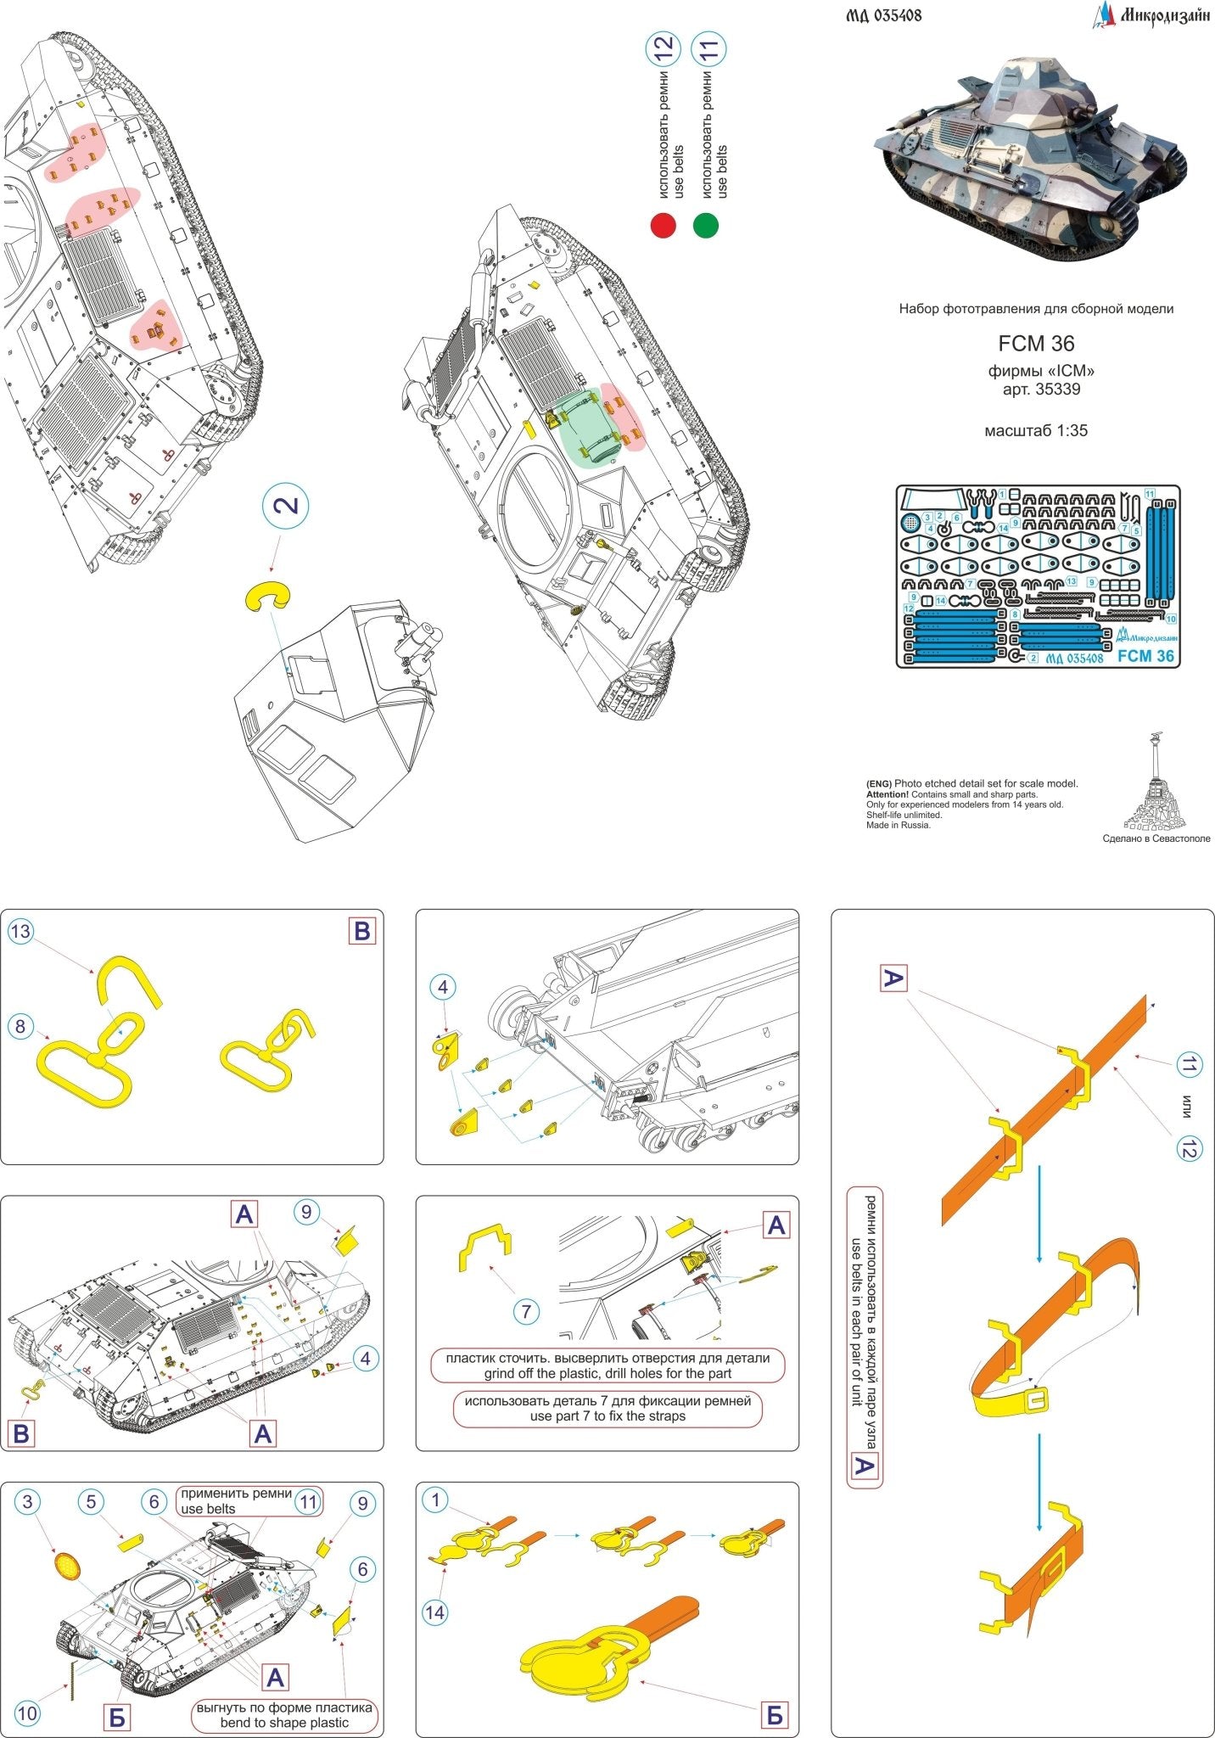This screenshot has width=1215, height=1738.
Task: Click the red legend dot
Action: point(663,226)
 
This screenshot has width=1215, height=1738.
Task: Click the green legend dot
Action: point(705,226)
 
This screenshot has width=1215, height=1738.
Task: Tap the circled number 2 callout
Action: point(285,506)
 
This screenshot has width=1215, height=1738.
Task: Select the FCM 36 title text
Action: point(1036,344)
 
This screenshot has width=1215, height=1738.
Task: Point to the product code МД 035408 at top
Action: point(883,15)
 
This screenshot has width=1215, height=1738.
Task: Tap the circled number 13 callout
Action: point(20,932)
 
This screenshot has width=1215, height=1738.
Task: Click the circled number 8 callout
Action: point(20,1026)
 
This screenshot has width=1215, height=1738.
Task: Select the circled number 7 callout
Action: point(526,1311)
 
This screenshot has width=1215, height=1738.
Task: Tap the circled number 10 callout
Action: point(27,1713)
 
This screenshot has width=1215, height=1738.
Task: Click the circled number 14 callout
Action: point(435,1612)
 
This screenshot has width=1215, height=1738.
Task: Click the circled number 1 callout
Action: point(435,1500)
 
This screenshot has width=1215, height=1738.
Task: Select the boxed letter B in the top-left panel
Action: point(362,932)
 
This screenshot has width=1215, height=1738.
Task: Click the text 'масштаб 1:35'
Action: point(1035,430)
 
